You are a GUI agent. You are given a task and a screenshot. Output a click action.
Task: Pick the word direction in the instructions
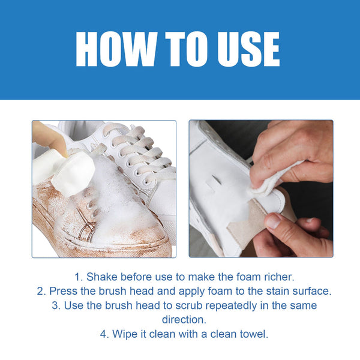[180, 320]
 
